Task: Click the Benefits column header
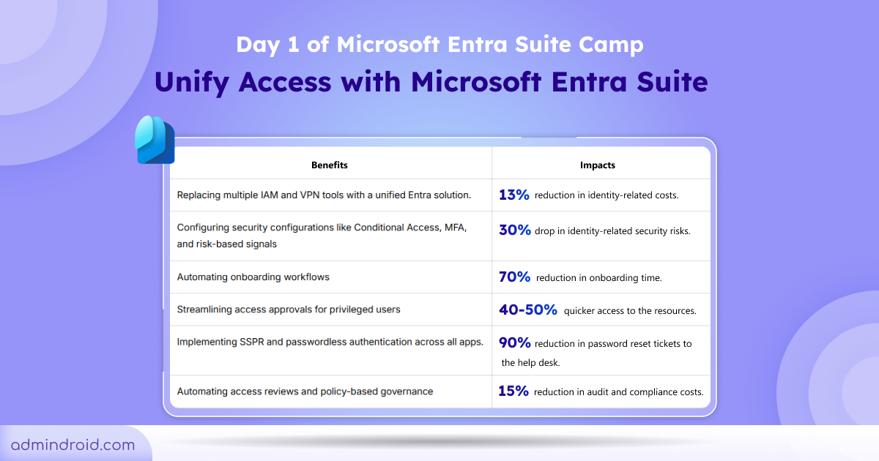[329, 165]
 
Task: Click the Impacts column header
[598, 165]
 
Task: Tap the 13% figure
[514, 195]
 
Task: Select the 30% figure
[514, 230]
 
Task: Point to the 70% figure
[514, 277]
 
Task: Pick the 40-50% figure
[527, 310]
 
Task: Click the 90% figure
[514, 343]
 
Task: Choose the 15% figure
[513, 391]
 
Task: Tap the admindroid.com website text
[73, 445]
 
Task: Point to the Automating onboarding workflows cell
[253, 277]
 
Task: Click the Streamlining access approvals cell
[289, 310]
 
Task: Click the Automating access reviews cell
[305, 391]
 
